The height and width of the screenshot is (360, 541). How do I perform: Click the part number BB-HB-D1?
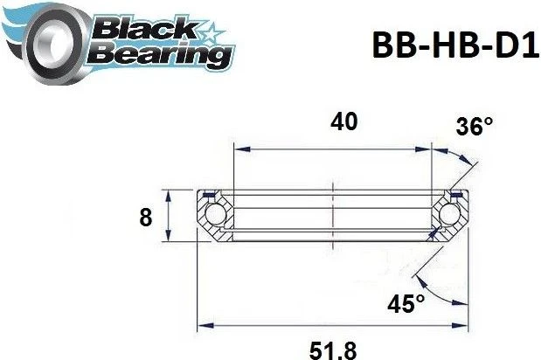(455, 45)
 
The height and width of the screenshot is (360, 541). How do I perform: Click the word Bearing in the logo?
(159, 53)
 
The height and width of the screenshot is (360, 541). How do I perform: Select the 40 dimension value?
(343, 122)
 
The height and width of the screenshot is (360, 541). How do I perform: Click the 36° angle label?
(475, 127)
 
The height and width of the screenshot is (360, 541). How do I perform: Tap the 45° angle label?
(406, 304)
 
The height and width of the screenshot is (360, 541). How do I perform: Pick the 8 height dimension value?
(146, 218)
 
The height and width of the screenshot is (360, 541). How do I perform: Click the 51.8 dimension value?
(333, 351)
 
